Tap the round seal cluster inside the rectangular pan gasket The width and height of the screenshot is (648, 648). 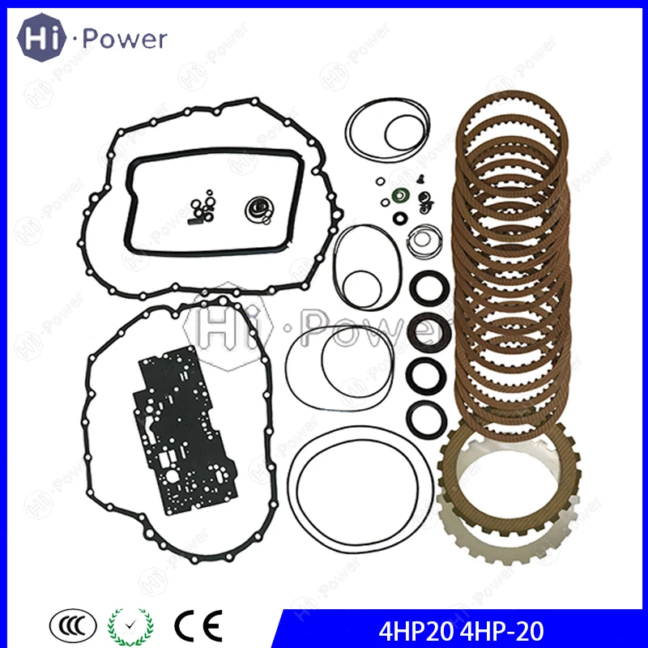coord(259,210)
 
